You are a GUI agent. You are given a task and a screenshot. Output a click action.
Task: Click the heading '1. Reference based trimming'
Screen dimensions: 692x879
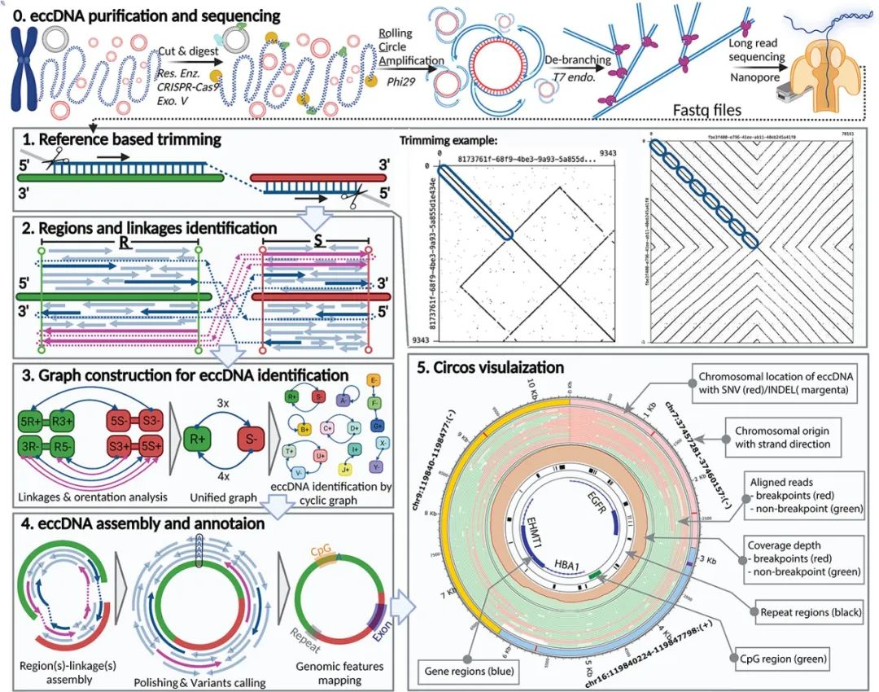point(117,139)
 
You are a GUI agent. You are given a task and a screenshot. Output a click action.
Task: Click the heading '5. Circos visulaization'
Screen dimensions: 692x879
point(491,368)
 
